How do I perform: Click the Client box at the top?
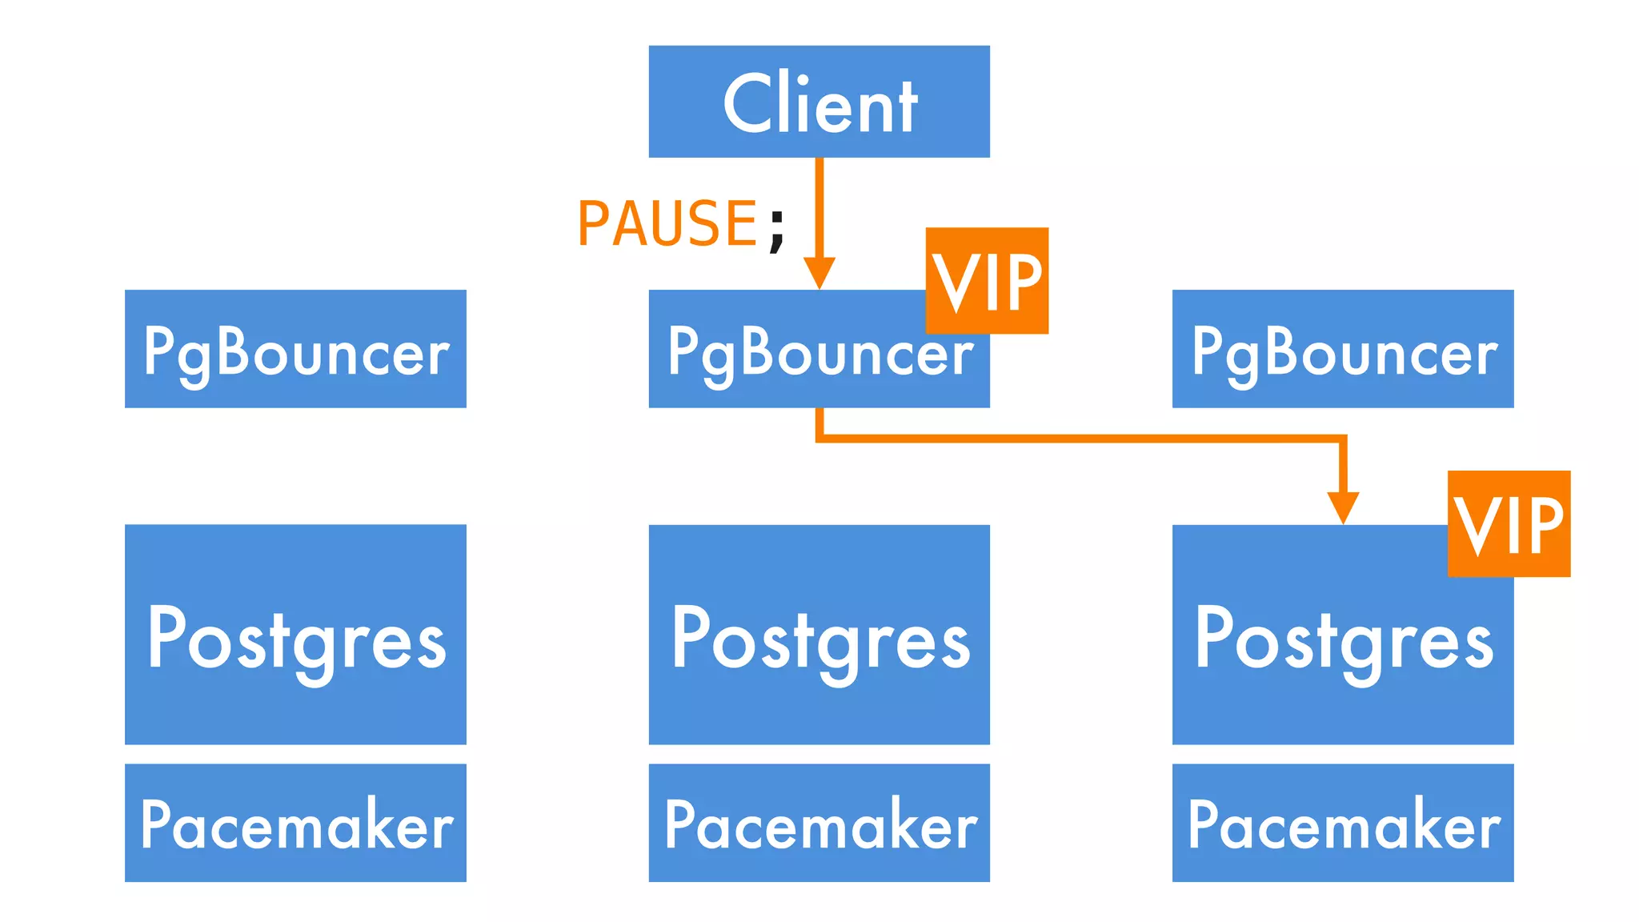819,102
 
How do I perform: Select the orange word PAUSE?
667,223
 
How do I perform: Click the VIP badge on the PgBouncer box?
987,280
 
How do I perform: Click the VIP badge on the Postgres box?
1509,523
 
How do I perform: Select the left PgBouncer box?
295,349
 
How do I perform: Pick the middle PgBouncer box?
800,360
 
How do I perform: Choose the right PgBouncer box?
1343,349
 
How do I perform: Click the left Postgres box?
295,635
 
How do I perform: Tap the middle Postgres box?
819,635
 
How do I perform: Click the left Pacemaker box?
295,823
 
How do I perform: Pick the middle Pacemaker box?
819,823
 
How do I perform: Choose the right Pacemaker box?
1343,823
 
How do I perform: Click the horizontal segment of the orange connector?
1080,438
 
